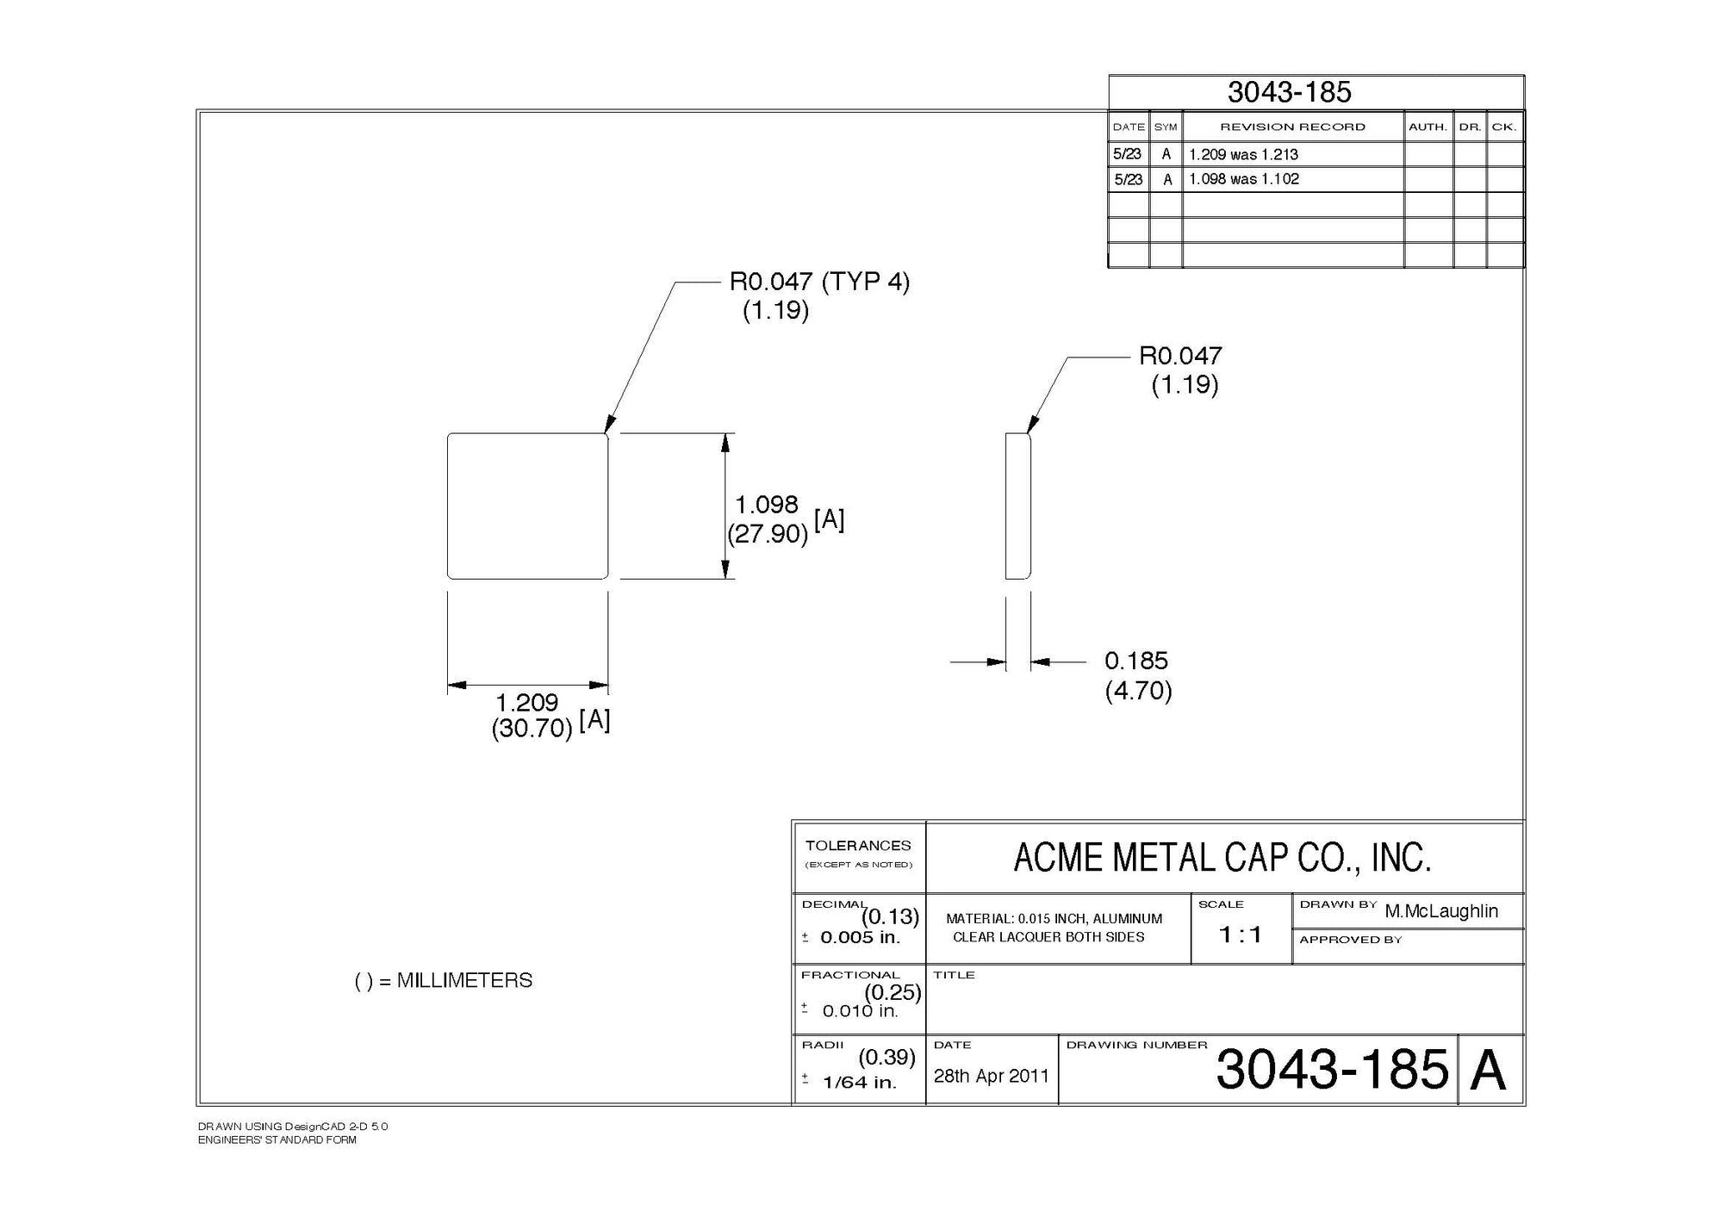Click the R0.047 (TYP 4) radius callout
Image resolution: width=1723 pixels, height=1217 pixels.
819,282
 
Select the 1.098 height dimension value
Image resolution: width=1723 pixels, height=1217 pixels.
766,504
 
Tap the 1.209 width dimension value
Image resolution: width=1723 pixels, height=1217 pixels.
526,703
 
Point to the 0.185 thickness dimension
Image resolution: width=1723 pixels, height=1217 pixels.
1136,661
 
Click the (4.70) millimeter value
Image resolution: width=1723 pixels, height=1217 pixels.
1138,691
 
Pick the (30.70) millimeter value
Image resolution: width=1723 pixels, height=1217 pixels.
532,729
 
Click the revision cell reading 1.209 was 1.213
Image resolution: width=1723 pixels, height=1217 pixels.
1243,155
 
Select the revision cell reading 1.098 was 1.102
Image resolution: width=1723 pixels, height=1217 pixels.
1243,179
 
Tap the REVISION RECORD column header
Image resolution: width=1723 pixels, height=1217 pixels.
1292,127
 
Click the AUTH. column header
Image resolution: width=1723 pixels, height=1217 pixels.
1428,127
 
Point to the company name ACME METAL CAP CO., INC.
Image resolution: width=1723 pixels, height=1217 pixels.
1222,858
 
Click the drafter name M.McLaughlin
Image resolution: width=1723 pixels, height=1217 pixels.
1441,911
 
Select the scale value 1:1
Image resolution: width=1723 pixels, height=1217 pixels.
1241,934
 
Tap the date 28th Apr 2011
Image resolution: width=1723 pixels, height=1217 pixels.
991,1076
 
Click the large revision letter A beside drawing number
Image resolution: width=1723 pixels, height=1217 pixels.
1489,1071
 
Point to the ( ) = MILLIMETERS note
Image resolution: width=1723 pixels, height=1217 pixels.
444,980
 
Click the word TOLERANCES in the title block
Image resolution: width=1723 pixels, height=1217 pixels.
858,846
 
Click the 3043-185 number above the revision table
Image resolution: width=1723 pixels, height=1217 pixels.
1289,92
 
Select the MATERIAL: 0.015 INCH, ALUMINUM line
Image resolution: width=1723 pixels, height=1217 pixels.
1054,919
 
